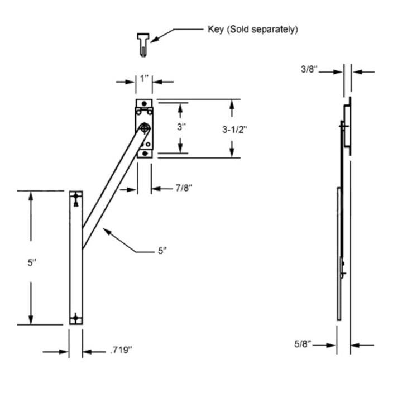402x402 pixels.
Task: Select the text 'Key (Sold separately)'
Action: pyautogui.click(x=253, y=30)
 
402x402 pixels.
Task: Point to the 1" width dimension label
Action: pyautogui.click(x=145, y=79)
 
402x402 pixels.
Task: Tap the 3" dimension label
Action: pyautogui.click(x=180, y=127)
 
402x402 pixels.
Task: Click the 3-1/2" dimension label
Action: pyautogui.click(x=231, y=128)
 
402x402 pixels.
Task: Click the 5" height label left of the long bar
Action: pyautogui.click(x=31, y=262)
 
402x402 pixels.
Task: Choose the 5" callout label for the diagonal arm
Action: pyautogui.click(x=162, y=251)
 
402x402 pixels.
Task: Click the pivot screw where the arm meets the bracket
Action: pyautogui.click(x=145, y=128)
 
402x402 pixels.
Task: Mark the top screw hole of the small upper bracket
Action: pyautogui.click(x=145, y=104)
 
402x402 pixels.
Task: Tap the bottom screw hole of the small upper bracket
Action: pyautogui.click(x=145, y=152)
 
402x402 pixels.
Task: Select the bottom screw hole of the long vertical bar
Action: pyautogui.click(x=76, y=319)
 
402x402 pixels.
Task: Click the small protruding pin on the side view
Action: pyautogui.click(x=344, y=274)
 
